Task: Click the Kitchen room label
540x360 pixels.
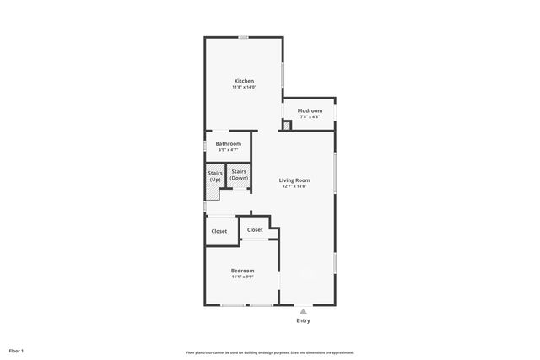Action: pos(244,81)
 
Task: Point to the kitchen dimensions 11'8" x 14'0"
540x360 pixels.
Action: pos(244,87)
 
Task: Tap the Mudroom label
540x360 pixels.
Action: pos(310,110)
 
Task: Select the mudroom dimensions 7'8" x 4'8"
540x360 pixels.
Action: pos(310,116)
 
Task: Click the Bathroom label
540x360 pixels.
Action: pos(229,143)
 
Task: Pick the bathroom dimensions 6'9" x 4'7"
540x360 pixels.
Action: pos(229,149)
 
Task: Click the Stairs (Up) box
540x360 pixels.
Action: pos(215,178)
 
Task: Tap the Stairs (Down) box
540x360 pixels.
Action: pos(239,175)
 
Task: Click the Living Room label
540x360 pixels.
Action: pos(295,180)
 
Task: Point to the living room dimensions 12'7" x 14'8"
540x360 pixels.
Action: pos(295,185)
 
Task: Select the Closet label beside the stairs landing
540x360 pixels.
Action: pos(219,231)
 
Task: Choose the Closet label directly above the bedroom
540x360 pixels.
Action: pos(255,229)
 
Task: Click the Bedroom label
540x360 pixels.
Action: pos(243,271)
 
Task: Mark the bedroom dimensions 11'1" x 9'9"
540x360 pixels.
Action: pos(243,277)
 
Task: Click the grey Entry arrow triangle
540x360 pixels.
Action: pos(303,311)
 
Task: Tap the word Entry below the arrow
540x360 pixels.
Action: pos(303,320)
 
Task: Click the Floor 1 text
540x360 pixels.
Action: pos(16,350)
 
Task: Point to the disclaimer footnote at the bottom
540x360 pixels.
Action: pos(269,352)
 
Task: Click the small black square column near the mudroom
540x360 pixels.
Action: pos(286,126)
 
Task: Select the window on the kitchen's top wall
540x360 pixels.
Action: pos(243,36)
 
